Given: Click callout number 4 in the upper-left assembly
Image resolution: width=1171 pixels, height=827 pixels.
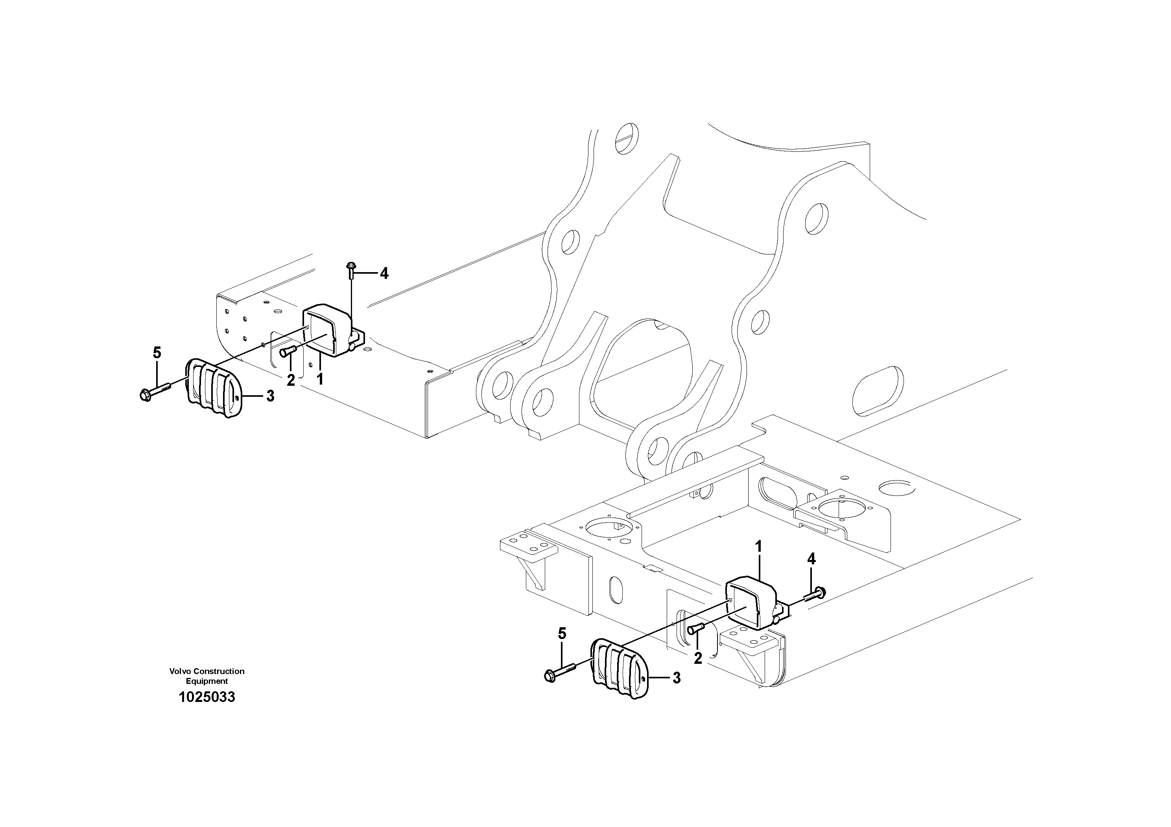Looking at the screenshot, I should pyautogui.click(x=384, y=274).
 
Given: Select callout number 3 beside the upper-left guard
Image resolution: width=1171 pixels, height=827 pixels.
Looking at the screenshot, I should pyautogui.click(x=270, y=396).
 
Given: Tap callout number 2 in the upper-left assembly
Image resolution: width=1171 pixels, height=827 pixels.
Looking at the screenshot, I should pyautogui.click(x=291, y=380).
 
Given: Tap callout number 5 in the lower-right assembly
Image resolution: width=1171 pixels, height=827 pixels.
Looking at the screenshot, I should pyautogui.click(x=562, y=634).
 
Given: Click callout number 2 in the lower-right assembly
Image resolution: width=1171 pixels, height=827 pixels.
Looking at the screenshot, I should pyautogui.click(x=698, y=658).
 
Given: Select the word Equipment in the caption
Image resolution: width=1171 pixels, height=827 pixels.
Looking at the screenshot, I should pyautogui.click(x=207, y=681).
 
